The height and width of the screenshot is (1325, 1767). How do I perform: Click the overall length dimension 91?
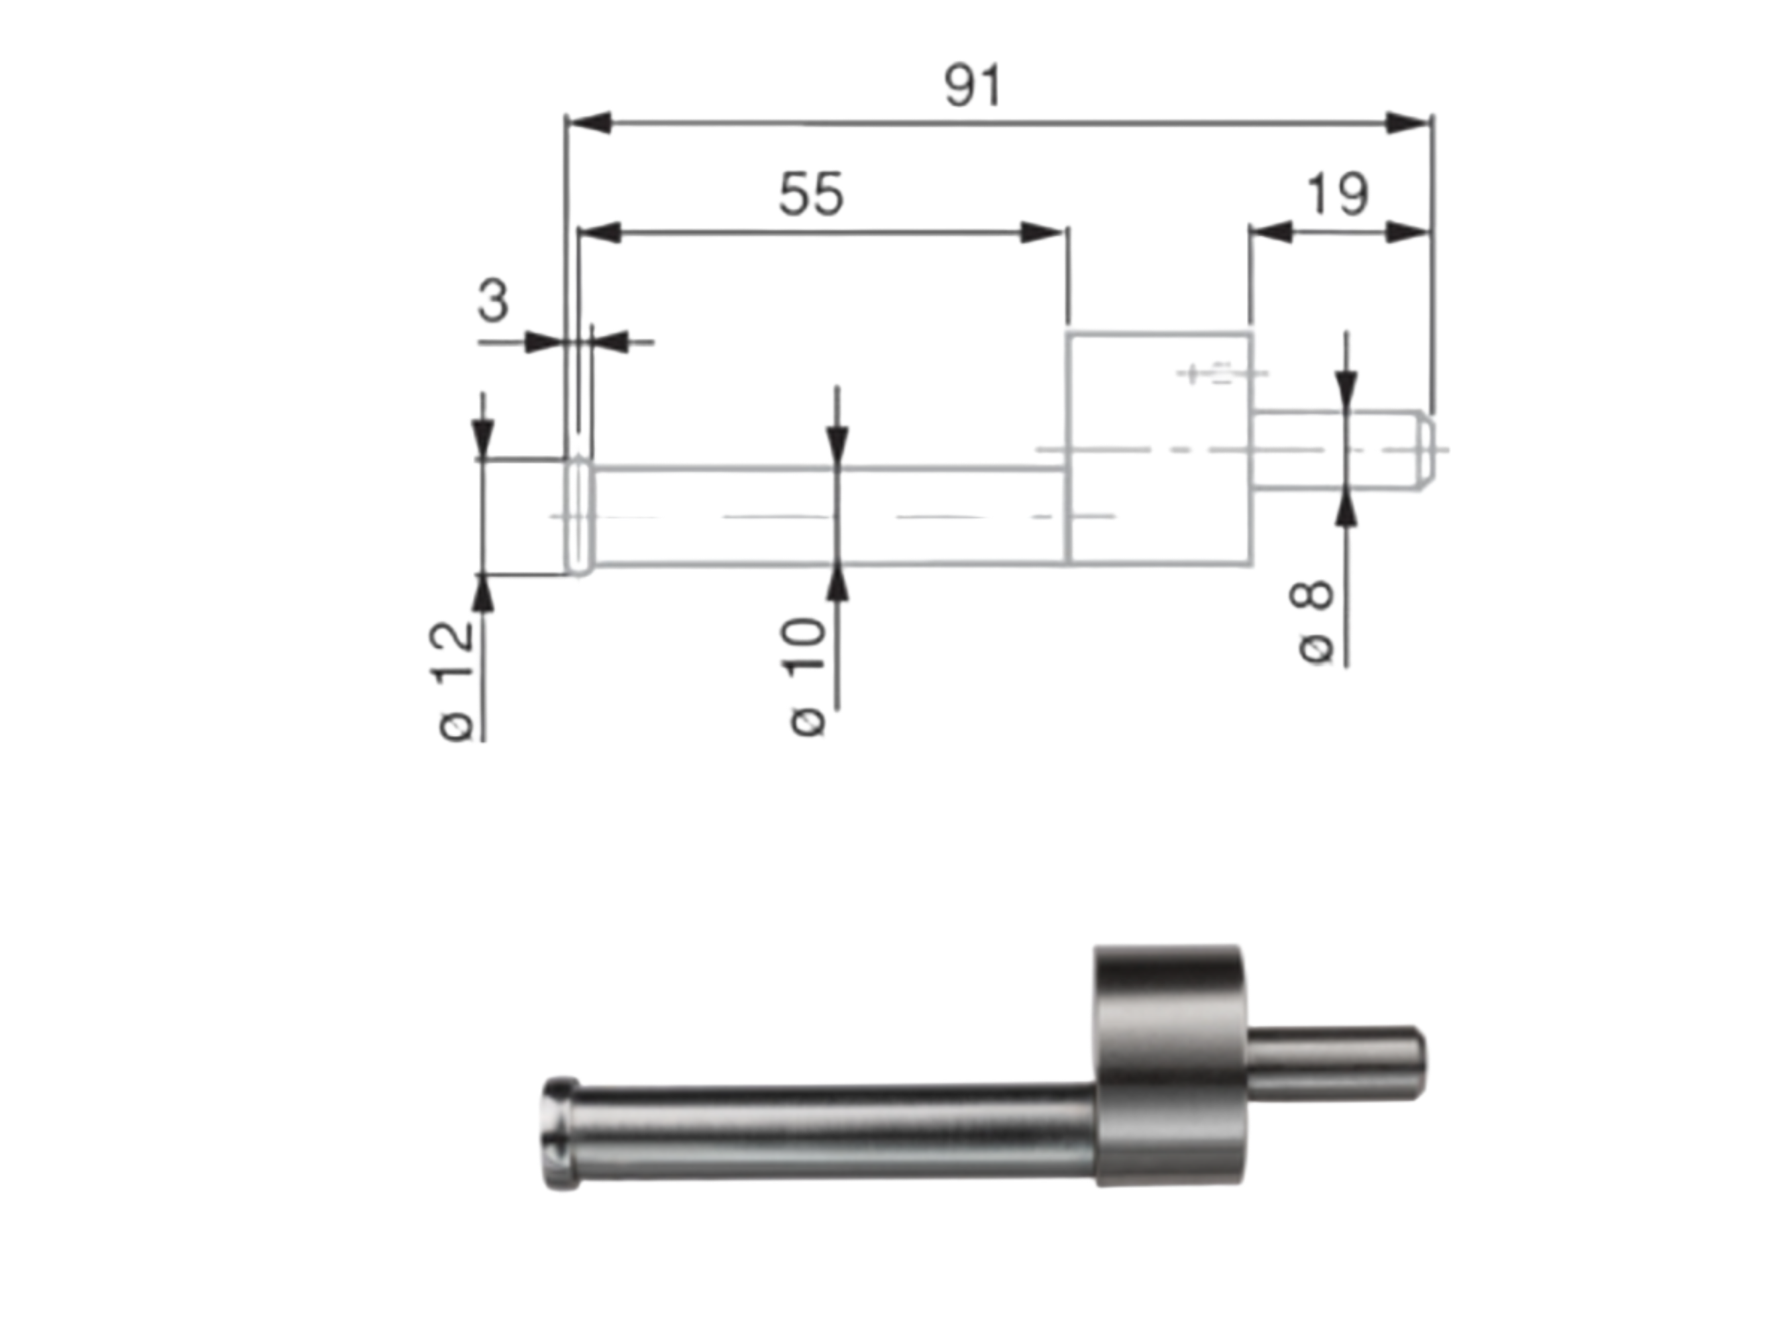(x=972, y=86)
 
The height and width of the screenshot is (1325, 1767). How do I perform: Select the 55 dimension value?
(x=810, y=194)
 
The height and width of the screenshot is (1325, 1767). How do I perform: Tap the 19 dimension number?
(x=1336, y=194)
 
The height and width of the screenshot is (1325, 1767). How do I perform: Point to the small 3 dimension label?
(x=493, y=301)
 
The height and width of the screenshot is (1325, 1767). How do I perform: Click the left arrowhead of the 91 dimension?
(x=589, y=123)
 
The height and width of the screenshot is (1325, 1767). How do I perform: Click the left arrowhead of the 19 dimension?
(x=1270, y=233)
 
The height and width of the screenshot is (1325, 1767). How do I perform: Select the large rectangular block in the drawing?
(x=1159, y=447)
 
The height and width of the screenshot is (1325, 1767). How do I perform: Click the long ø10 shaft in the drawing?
(x=831, y=516)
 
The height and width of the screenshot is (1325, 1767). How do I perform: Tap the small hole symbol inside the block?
(x=1220, y=373)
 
